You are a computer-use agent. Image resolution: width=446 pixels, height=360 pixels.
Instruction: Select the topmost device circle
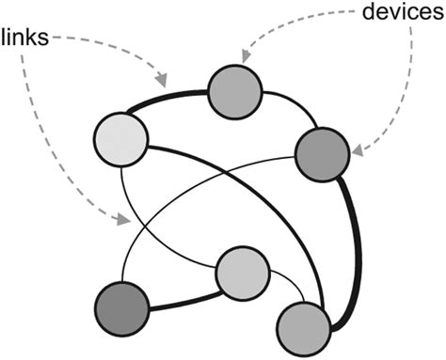click(233, 92)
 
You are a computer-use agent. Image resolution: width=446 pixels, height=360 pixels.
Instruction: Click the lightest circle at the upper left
click(121, 140)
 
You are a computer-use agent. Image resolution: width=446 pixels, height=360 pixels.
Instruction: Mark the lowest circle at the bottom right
click(304, 328)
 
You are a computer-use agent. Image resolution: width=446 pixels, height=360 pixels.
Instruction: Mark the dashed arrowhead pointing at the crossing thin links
click(122, 221)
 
